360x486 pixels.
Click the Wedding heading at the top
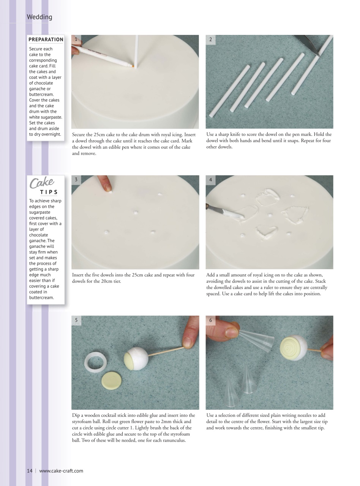click(x=39, y=17)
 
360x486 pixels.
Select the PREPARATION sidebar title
click(x=46, y=39)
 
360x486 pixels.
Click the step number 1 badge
click(x=76, y=39)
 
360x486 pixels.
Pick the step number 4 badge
click(x=211, y=180)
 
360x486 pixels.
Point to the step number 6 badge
click(x=211, y=320)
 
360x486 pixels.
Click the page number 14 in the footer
click(x=30, y=471)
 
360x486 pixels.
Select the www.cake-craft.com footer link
click(x=61, y=471)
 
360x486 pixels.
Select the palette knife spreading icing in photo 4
click(x=224, y=211)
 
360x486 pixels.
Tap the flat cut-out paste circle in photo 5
click(x=112, y=380)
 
